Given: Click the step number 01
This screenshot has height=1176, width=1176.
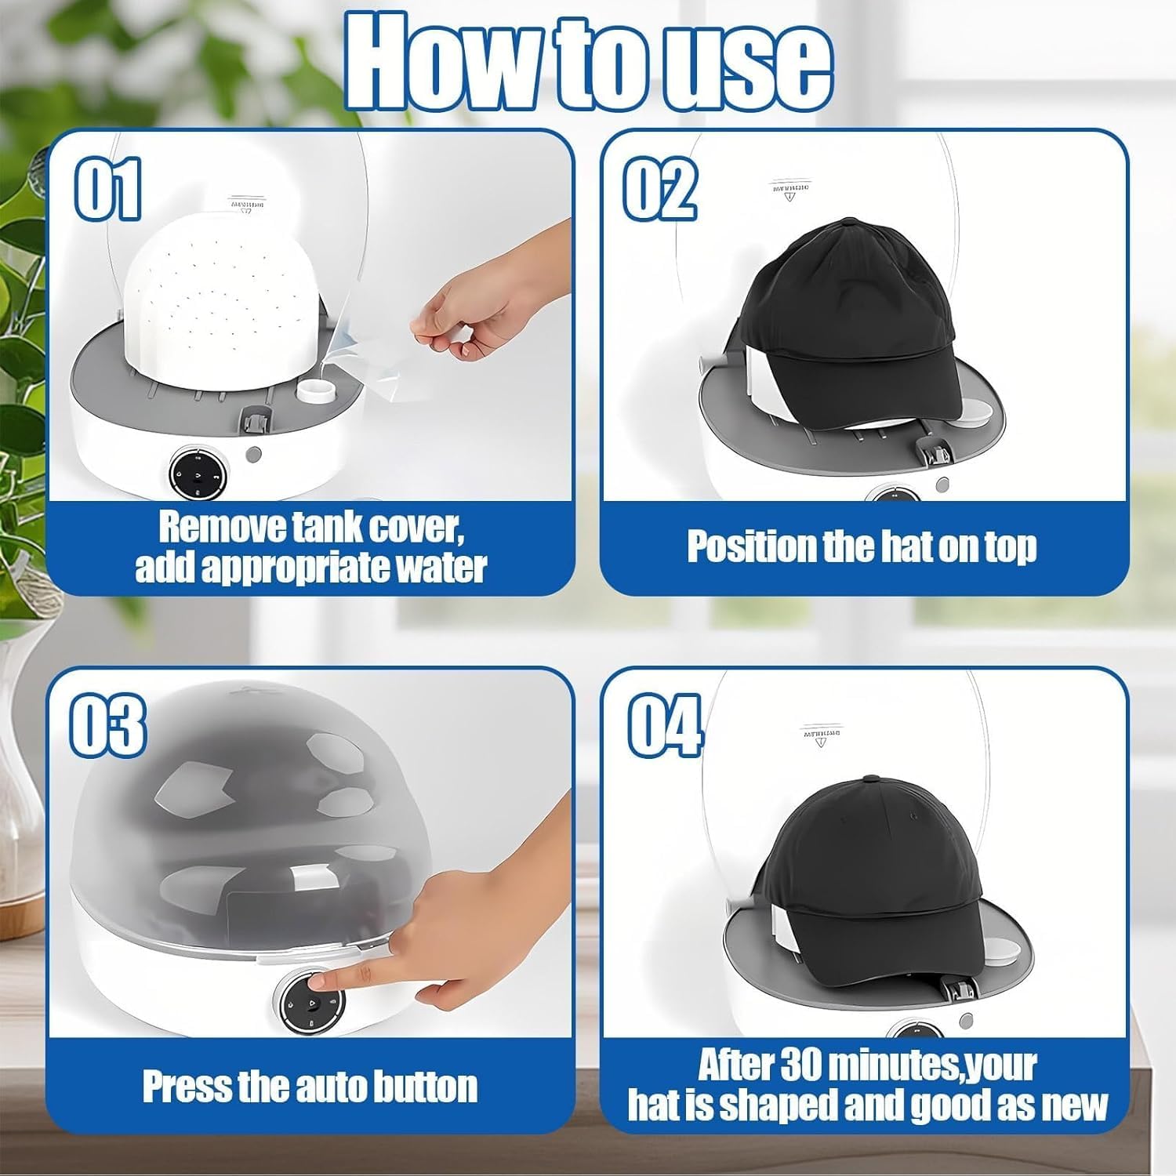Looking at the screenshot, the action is pos(107,189).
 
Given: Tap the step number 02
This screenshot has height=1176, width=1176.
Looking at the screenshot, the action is pos(659,189).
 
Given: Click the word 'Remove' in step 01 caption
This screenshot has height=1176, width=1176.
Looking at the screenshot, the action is pos(223,528).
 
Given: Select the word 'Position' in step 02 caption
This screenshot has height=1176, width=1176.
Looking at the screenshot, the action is pos(753,546).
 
